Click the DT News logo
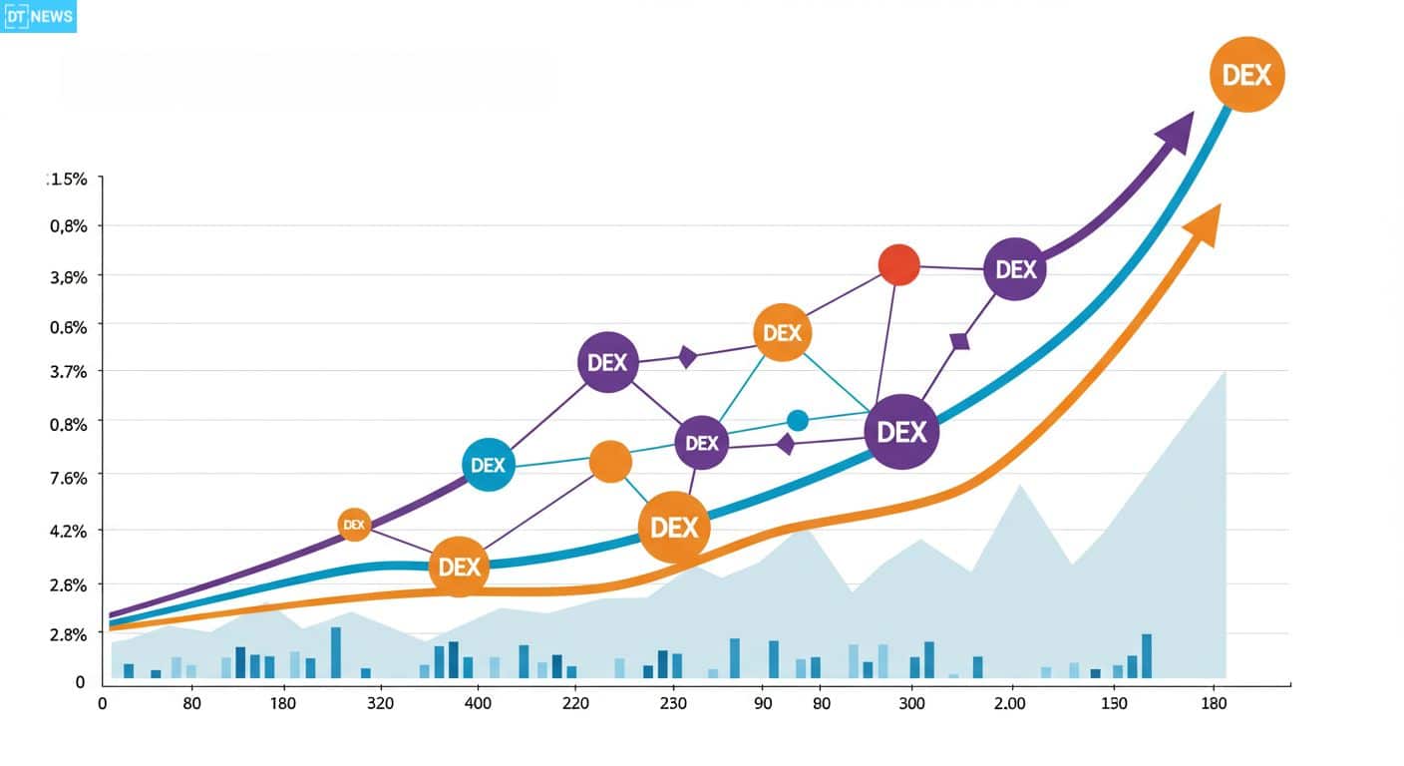coord(38,16)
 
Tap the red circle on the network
coord(899,264)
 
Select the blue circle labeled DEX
coord(489,465)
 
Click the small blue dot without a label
coord(798,420)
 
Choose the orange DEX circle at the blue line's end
coord(1246,75)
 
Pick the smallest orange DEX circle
coord(354,525)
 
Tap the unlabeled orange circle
coord(610,462)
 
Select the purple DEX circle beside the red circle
coord(1015,269)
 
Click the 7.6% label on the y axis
coord(69,478)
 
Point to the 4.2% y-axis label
coord(69,531)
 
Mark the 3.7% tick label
coord(69,372)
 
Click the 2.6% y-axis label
coord(69,584)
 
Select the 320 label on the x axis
coord(380,703)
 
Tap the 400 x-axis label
coord(478,703)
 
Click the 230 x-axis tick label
coord(673,703)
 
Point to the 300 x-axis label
coord(911,703)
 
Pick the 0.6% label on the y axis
coord(69,326)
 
